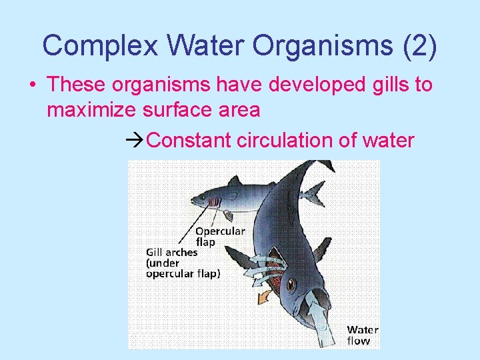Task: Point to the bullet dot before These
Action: (x=32, y=85)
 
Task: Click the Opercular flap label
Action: (x=219, y=236)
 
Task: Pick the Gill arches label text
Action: (x=172, y=253)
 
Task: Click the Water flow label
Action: (x=362, y=335)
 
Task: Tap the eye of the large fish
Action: (x=291, y=285)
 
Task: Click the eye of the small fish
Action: (x=198, y=198)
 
